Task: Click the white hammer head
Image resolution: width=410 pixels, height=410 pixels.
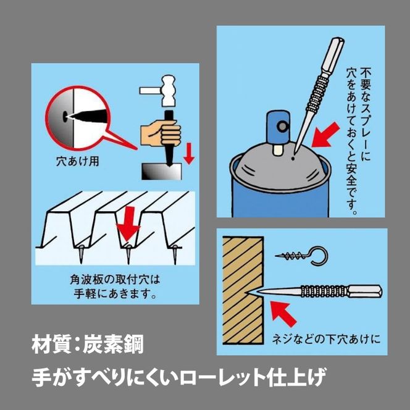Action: click(169, 91)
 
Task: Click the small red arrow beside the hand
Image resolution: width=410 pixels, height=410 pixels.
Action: click(188, 154)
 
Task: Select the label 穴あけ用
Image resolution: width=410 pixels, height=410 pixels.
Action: click(78, 161)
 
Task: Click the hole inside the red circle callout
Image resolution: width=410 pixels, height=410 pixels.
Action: click(64, 116)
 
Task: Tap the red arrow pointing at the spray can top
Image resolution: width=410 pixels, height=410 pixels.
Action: click(325, 135)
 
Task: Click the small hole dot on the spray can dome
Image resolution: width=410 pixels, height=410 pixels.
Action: click(293, 158)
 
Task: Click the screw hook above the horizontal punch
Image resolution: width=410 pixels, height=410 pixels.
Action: click(302, 255)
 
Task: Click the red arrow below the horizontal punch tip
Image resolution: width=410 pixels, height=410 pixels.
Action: click(283, 314)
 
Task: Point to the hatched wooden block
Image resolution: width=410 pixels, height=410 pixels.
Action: click(243, 290)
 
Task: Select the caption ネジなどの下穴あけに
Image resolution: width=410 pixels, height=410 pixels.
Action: click(326, 339)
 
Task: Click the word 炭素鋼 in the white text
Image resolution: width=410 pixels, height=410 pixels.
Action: click(113, 345)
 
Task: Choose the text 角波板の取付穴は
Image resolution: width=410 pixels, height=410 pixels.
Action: click(115, 280)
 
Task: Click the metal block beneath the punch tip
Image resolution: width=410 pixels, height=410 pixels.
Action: click(161, 171)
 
